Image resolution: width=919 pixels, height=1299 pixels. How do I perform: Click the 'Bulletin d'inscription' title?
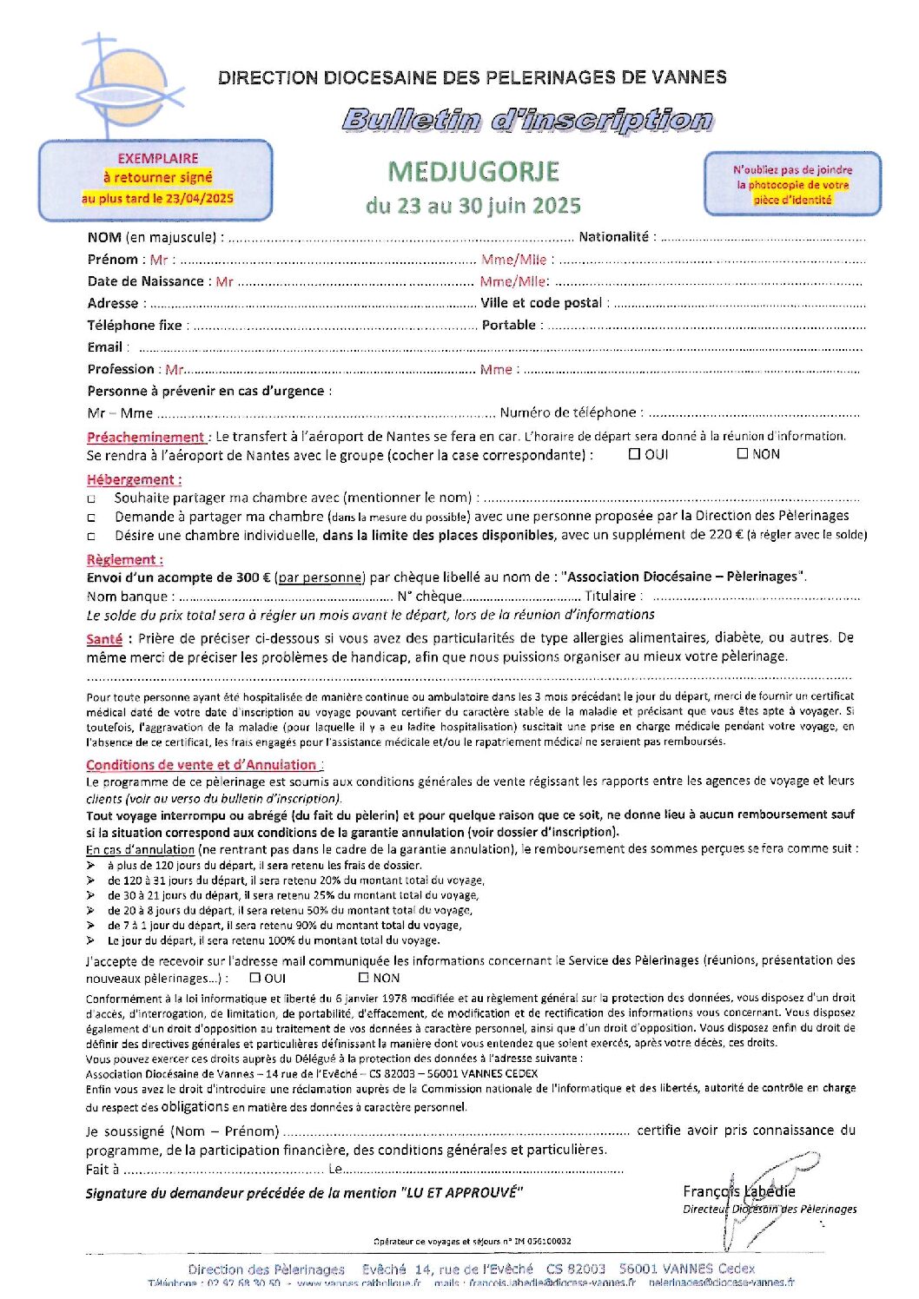(527, 120)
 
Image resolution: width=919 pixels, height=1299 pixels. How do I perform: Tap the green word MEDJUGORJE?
(473, 171)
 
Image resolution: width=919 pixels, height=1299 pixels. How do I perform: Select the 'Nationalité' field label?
(613, 237)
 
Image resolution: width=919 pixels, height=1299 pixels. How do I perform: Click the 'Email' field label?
(104, 347)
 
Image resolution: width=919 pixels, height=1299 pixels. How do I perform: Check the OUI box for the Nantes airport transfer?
(634, 453)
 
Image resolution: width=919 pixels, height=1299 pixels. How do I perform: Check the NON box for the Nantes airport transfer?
(743, 453)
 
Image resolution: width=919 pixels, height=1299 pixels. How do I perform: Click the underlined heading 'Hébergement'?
(133, 479)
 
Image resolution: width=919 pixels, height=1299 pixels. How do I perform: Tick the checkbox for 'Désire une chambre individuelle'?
(92, 537)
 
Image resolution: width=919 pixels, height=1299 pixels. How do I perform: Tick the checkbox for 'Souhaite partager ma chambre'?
(92, 499)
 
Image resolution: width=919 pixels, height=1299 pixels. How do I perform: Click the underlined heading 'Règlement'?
(123, 560)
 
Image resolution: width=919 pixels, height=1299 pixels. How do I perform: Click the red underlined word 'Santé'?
(104, 638)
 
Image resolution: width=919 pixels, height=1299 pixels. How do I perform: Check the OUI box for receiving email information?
(255, 978)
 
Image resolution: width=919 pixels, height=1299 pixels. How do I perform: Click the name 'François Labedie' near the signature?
(738, 1191)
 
